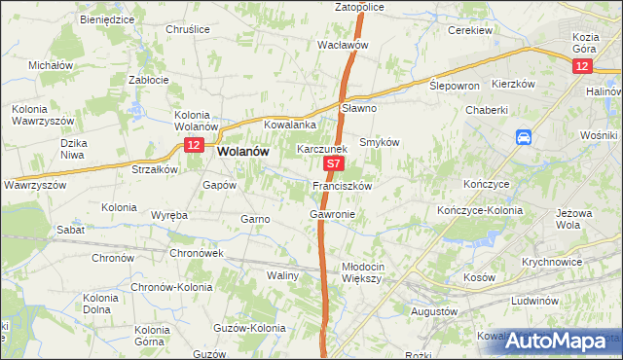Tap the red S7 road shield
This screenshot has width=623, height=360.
click(x=333, y=166)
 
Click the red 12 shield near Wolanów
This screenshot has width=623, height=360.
click(x=193, y=145)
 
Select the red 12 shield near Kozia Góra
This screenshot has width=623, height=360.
click(x=581, y=65)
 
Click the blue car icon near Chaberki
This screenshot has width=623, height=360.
click(x=524, y=138)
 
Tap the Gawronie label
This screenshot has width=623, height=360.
click(x=332, y=213)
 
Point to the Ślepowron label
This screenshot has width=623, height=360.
click(x=455, y=86)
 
